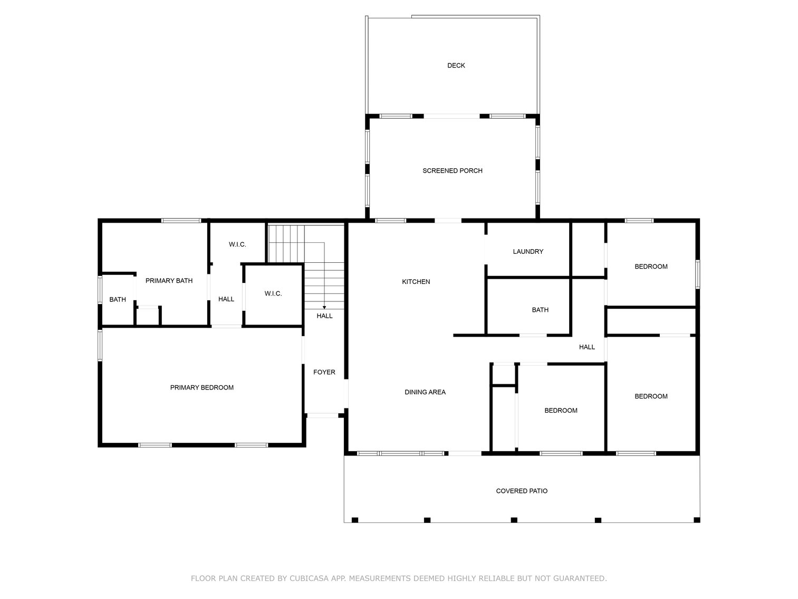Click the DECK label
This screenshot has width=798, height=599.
456,65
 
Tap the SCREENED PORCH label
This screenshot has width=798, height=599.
452,170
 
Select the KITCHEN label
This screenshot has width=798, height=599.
416,281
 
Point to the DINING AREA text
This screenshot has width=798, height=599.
425,392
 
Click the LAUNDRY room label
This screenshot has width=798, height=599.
528,251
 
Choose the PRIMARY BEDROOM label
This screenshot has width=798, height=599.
202,388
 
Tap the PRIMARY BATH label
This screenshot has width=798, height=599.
169,281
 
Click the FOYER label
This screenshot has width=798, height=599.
324,372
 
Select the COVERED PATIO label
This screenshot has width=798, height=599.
522,491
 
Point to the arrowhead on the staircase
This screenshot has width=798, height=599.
324,308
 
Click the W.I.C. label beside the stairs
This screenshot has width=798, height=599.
273,293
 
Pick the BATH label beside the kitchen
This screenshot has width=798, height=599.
540,310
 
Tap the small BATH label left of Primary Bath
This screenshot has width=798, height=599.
118,300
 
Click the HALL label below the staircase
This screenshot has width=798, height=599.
324,316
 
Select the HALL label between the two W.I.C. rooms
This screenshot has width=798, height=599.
226,299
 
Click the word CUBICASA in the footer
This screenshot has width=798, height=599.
309,578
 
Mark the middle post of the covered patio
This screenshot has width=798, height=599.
514,520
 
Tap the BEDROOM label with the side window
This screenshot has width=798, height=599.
651,267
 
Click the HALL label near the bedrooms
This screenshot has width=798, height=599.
587,347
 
